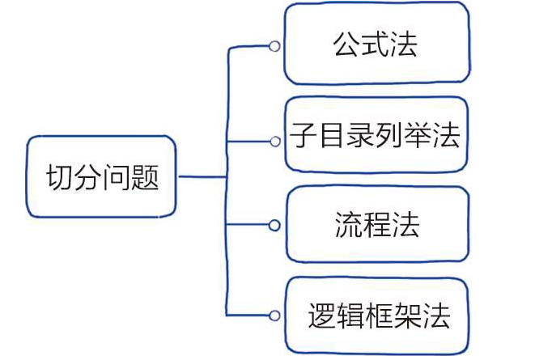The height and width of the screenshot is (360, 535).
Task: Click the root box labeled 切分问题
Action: pos(100,177)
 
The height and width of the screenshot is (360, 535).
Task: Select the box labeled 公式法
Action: pos(376,44)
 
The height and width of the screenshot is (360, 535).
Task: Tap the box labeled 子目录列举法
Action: pos(376,134)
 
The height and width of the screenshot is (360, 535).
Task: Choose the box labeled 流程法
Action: pos(376,224)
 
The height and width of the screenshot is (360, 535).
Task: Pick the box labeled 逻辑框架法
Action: pos(376,315)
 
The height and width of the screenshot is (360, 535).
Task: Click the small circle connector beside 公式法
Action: pos(275,47)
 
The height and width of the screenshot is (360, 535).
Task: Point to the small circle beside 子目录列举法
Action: pos(275,140)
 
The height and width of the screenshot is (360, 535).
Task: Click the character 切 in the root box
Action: pos(58,177)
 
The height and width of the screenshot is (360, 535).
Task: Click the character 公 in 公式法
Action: pos(347,44)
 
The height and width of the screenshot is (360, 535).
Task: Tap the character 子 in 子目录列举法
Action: pos(304,135)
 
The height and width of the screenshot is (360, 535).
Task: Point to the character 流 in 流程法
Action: pos(347,225)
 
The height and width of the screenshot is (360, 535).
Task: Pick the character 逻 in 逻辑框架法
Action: pos(321,316)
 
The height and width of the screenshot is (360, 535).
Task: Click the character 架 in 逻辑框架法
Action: pos(406,316)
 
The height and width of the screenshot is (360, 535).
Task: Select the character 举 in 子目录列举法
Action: pos(417,135)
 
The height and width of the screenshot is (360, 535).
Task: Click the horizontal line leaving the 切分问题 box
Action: pos(202,176)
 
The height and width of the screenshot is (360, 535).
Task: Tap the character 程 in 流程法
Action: pos(376,225)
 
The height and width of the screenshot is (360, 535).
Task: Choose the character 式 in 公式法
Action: pos(376,44)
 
